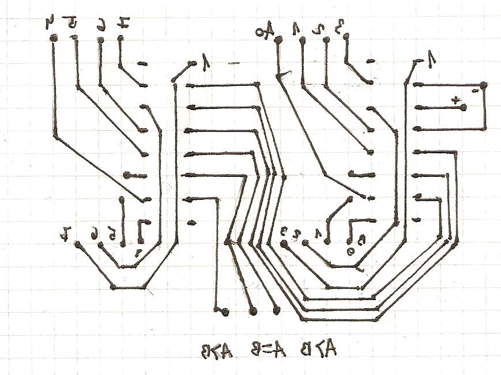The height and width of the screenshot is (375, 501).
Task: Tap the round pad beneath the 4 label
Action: pos(53,38)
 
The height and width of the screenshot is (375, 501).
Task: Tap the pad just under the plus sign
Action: pos(463,108)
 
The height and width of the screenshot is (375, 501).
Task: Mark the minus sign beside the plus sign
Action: pos(474,91)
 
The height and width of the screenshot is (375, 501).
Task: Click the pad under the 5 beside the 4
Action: pos(74,38)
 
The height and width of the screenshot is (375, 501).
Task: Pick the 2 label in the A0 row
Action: pos(323,28)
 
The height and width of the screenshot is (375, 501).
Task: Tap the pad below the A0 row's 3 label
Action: pos(346,37)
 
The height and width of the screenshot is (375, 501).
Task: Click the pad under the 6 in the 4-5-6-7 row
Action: pos(100,40)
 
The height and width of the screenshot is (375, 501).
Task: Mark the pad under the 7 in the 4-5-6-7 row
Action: pos(120,39)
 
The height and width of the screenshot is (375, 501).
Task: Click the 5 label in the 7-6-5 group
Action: pos(115,233)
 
